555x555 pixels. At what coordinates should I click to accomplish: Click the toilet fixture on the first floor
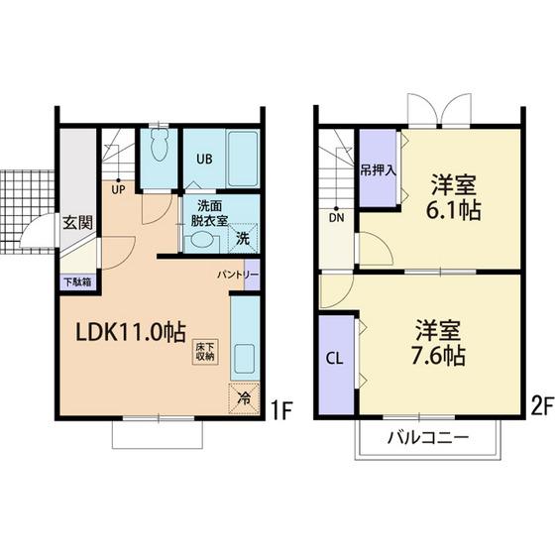tap(159, 144)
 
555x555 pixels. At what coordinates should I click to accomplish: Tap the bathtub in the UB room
tap(243, 159)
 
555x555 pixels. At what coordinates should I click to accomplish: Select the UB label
tap(204, 159)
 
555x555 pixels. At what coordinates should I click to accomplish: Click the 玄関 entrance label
tap(78, 223)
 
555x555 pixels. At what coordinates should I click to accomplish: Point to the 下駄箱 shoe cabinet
tap(78, 282)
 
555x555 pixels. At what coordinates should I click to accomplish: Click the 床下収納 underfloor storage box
tap(205, 352)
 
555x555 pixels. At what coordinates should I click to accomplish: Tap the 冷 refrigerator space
tap(244, 398)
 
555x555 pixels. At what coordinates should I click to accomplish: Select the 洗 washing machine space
tap(243, 238)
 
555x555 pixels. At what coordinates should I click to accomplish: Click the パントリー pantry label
tap(238, 275)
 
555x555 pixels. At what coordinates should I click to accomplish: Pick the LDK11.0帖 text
tap(131, 332)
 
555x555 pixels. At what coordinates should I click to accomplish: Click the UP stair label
tap(118, 190)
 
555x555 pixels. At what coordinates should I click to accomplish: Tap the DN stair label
tap(336, 218)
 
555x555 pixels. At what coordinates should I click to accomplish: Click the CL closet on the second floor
tap(336, 365)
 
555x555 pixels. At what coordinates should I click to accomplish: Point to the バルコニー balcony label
tap(428, 438)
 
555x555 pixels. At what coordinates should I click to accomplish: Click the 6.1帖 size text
tap(454, 210)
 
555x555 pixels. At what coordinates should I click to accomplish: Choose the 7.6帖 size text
tap(438, 355)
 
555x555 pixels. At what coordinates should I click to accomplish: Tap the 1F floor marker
tap(280, 410)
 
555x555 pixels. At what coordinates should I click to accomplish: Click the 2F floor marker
tap(542, 406)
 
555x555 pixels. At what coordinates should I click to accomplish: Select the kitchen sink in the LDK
tap(244, 358)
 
